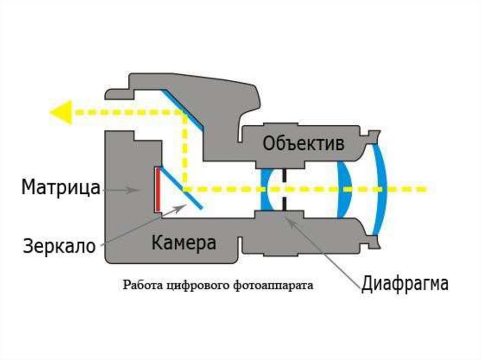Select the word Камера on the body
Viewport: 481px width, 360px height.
[184, 243]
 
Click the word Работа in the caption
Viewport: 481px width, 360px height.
[139, 284]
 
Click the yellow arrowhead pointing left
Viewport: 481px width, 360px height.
[61, 112]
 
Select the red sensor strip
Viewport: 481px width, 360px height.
[158, 189]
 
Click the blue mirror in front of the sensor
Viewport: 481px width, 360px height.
[180, 187]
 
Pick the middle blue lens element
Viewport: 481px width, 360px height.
[345, 189]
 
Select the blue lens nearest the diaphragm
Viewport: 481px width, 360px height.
[266, 189]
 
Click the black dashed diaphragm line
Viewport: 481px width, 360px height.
[284, 189]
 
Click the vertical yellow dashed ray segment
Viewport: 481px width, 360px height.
[185, 150]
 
